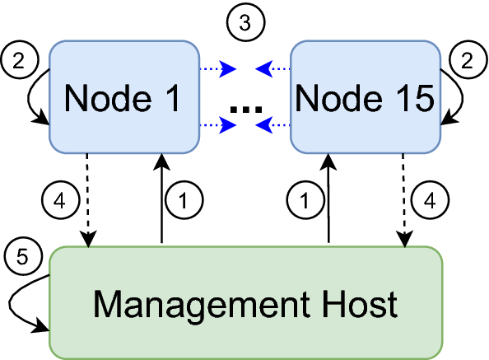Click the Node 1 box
[x=124, y=97]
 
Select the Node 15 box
[x=366, y=97]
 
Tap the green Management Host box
[x=246, y=303]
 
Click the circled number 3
[x=246, y=22]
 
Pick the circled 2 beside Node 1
[x=20, y=59]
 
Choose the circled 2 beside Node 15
[x=468, y=59]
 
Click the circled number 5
[x=23, y=257]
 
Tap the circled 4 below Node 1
[x=60, y=200]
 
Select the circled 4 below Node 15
[x=430, y=200]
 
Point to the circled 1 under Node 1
[x=184, y=200]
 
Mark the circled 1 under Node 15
[x=305, y=200]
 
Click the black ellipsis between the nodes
[x=246, y=110]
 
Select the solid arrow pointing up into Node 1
[x=161, y=198]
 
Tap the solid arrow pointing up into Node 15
[x=328, y=198]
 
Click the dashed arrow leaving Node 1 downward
[x=87, y=200]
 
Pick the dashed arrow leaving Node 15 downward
[x=404, y=200]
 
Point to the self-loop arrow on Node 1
[x=28, y=96]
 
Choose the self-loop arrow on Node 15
[x=462, y=96]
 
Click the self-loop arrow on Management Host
[x=10, y=302]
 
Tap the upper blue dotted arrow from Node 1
[x=218, y=68]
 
